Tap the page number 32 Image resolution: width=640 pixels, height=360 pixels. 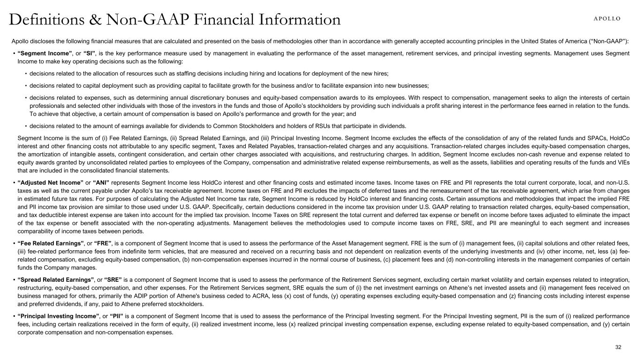pos(618,347)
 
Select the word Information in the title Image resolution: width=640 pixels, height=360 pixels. pos(295,20)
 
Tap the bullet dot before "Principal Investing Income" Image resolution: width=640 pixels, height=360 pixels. pos(14,316)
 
